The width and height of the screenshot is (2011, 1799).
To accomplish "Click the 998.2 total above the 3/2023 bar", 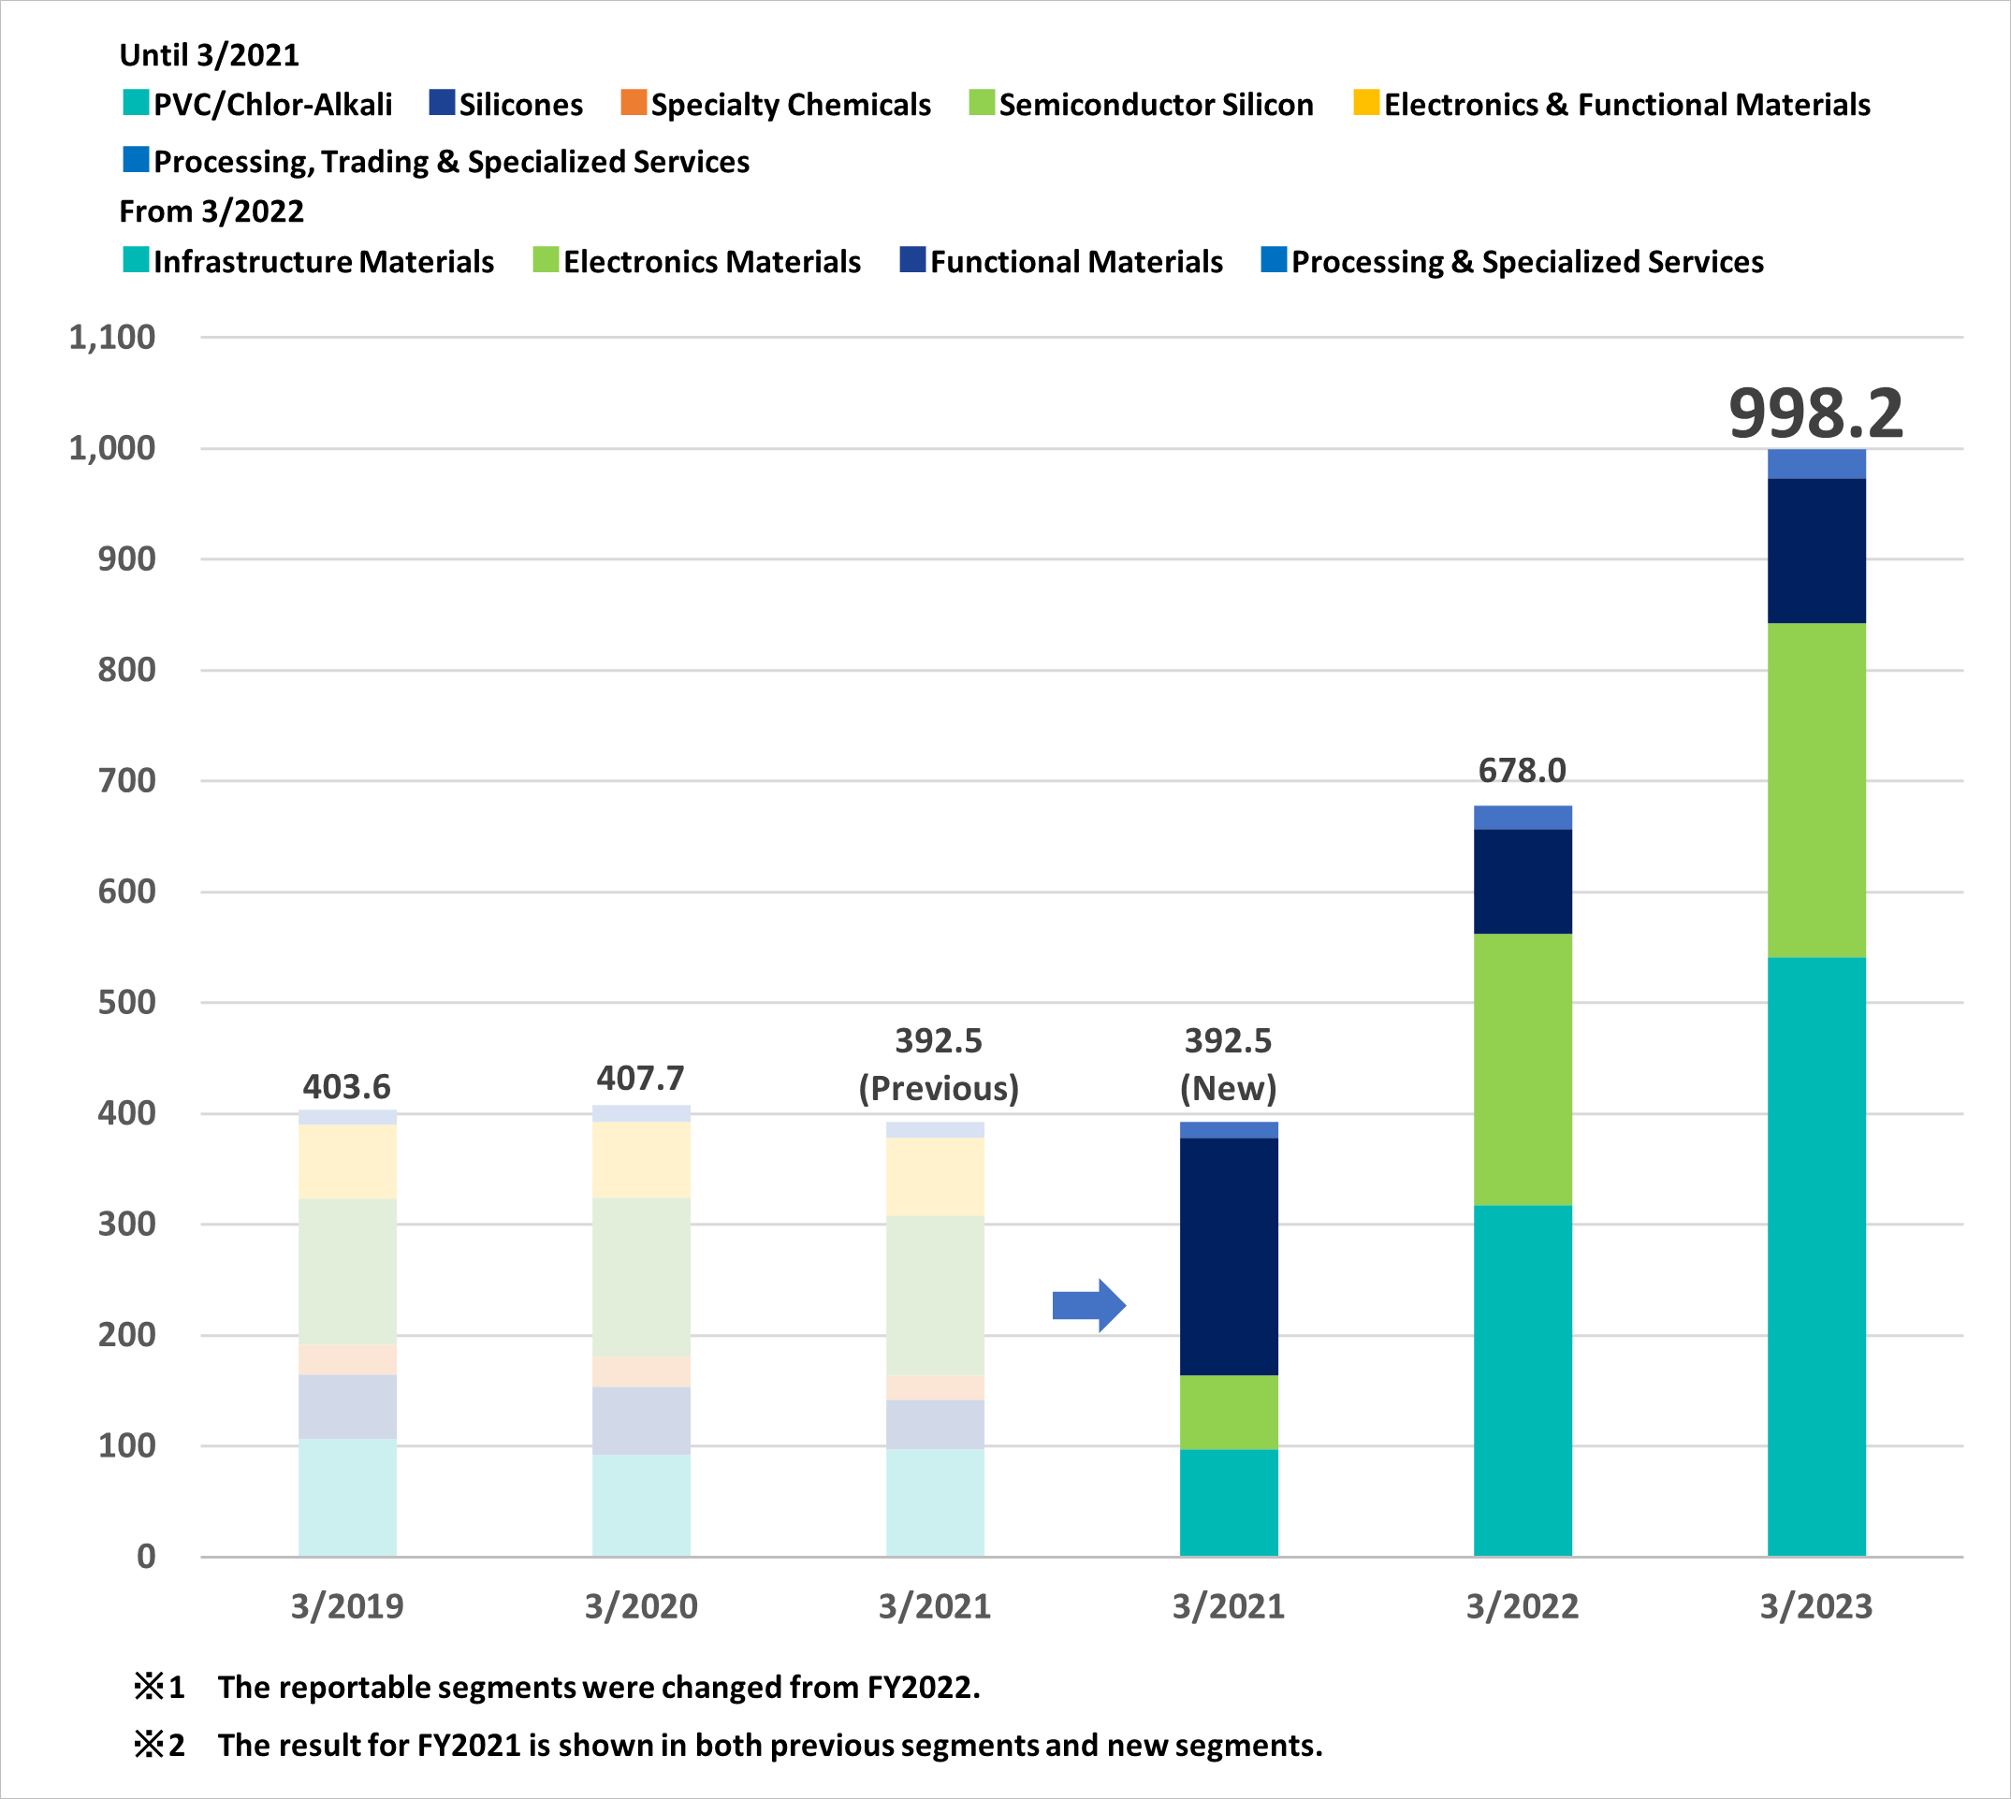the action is tap(1815, 413).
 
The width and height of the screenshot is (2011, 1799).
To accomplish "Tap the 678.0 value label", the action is tap(1522, 770).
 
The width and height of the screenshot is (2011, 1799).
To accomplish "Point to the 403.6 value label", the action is tap(347, 1086).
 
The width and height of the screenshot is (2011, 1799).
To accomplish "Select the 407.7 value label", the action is tap(641, 1078).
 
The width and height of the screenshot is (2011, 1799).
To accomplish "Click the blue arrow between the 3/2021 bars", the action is tap(1088, 1306).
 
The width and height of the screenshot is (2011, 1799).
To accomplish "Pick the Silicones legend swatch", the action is tap(441, 103).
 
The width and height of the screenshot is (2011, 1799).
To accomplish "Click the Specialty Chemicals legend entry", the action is tap(776, 104).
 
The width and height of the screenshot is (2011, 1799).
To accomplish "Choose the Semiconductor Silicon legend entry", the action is tap(1141, 104).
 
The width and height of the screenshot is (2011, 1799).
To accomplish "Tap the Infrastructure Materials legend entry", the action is tap(309, 261).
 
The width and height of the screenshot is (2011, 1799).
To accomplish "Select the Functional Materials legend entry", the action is tap(1061, 261).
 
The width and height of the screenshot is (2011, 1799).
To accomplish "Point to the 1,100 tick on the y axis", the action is tap(111, 338).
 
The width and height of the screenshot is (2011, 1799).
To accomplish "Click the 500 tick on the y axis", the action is tap(126, 1002).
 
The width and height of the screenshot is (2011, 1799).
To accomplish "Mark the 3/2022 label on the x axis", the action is tap(1522, 1607).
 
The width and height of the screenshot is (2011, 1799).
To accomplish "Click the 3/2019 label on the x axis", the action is tap(347, 1607).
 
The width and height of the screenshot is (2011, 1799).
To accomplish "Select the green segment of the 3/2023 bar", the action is tap(1816, 790).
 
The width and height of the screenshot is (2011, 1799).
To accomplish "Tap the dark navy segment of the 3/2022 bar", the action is tap(1523, 881).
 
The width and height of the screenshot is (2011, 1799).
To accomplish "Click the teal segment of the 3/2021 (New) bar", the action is tap(1229, 1502).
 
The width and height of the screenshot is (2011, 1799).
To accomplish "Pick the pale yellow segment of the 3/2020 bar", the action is tap(642, 1160).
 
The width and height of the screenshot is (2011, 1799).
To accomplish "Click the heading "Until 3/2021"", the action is tap(210, 55).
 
